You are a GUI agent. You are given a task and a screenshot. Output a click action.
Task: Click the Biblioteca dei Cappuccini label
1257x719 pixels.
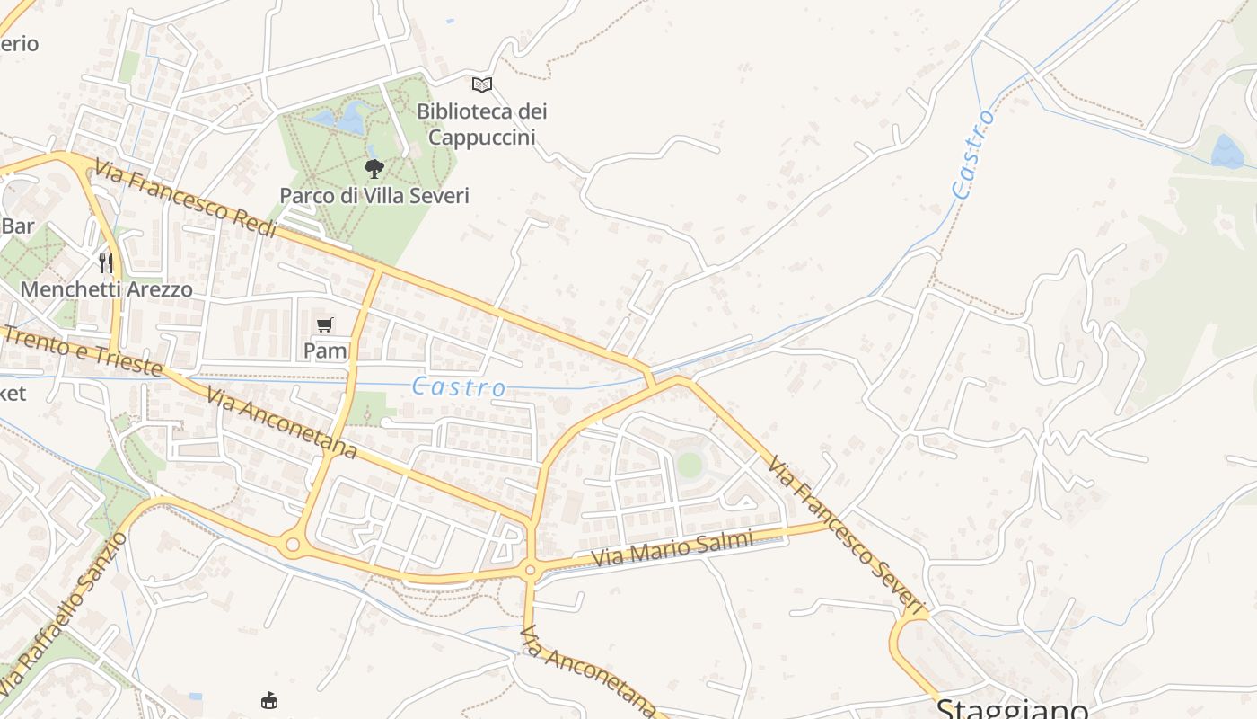point(481,124)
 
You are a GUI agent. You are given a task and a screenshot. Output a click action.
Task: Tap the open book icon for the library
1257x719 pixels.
point(482,84)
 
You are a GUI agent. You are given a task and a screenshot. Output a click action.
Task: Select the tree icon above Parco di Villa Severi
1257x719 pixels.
point(374,168)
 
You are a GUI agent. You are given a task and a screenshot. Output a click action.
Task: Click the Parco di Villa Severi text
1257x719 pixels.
point(374,195)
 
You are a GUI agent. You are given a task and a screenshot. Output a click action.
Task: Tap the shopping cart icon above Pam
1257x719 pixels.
point(325,324)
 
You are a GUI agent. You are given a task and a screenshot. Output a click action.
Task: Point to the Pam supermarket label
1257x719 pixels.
point(325,351)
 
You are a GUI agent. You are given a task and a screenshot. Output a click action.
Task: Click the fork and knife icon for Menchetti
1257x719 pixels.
point(106,262)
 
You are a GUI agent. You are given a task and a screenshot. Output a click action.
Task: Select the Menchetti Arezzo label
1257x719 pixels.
point(106,289)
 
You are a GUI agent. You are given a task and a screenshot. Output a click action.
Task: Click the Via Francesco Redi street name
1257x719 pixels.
point(186,199)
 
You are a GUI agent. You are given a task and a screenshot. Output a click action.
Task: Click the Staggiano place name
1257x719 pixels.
point(1012,709)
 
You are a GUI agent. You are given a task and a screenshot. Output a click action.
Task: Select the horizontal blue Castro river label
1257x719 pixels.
point(459,387)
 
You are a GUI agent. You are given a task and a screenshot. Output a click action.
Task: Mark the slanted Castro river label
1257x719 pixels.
point(973,154)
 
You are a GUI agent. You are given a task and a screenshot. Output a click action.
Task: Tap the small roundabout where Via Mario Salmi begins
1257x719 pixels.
point(530,570)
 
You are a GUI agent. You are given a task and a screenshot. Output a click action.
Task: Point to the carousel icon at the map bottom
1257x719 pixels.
point(268,700)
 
